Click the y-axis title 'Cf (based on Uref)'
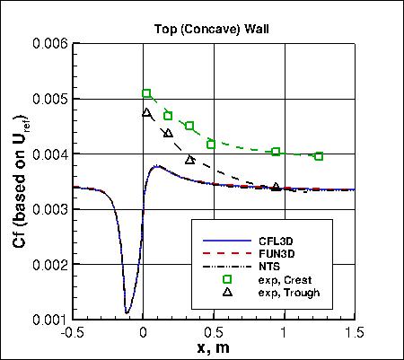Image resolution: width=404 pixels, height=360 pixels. [x=14, y=180]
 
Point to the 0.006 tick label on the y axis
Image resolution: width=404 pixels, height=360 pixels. [x=48, y=43]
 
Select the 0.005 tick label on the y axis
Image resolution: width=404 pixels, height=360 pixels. [x=48, y=99]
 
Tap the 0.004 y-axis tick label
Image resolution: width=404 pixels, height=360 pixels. [x=48, y=154]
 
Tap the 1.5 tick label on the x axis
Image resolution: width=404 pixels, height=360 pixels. [x=356, y=332]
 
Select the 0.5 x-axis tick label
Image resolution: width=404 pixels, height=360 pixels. [x=214, y=332]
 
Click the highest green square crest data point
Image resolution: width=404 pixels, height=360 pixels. [x=147, y=93]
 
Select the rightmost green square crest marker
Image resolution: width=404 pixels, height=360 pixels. [x=319, y=156]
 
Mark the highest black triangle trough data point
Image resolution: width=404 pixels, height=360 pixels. [x=147, y=113]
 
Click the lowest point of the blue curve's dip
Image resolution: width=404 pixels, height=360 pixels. [x=127, y=312]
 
